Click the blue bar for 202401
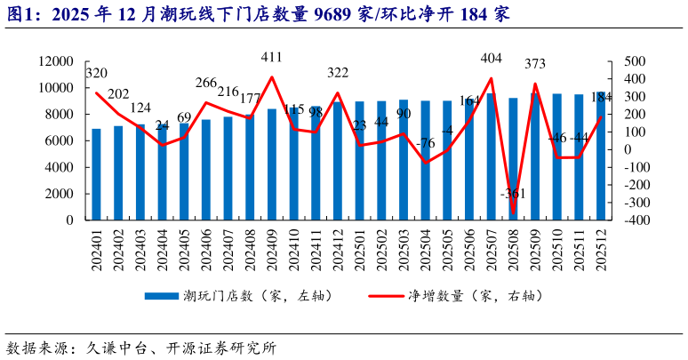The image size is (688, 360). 97,175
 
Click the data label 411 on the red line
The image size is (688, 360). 272,58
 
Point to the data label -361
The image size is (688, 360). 513,194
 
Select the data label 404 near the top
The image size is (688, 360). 491,58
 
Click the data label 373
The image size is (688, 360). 535,64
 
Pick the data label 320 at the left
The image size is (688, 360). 97,73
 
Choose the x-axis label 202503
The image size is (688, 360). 404,251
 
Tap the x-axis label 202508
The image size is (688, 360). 513,251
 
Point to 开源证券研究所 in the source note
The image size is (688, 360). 221,348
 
